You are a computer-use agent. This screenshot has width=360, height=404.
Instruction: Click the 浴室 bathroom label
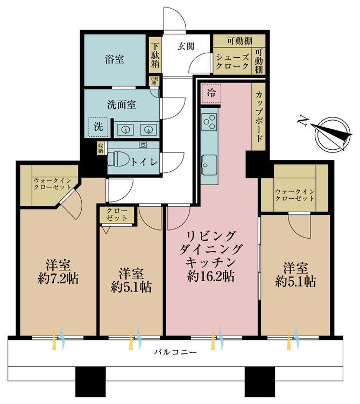click(x=114, y=59)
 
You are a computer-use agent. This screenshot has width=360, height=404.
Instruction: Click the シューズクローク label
click(x=232, y=61)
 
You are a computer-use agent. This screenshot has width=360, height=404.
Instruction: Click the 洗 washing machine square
click(x=98, y=127)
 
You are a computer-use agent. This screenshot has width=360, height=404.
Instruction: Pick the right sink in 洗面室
click(x=147, y=129)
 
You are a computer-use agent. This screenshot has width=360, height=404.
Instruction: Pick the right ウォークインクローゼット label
click(x=294, y=195)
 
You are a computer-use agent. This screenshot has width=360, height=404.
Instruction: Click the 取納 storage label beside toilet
click(x=101, y=149)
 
